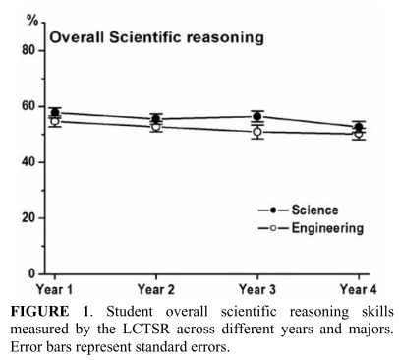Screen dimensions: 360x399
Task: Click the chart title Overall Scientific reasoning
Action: [x=157, y=38]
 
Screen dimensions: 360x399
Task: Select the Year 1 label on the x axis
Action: [x=55, y=290]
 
